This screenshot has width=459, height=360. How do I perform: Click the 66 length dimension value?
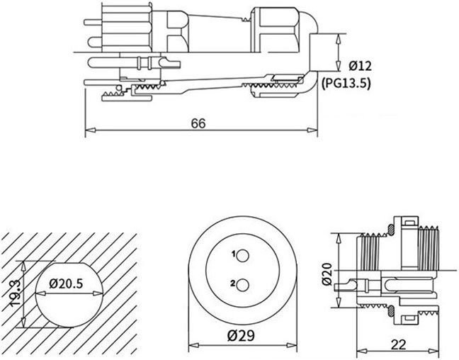pyautogui.click(x=198, y=123)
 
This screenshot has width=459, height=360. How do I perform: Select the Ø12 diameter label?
pyautogui.click(x=360, y=66)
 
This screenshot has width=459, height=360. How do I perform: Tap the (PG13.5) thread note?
pyautogui.click(x=346, y=84)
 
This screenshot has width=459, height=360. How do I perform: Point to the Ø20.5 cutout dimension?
pyautogui.click(x=66, y=283)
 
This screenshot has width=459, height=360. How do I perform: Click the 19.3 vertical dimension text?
pyautogui.click(x=15, y=293)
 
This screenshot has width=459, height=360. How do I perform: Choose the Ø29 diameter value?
pyautogui.click(x=241, y=336)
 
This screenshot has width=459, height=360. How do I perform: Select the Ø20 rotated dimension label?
pyautogui.click(x=327, y=274)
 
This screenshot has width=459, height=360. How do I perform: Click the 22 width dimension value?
pyautogui.click(x=399, y=345)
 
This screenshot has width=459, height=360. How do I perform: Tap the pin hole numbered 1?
pyautogui.click(x=243, y=256)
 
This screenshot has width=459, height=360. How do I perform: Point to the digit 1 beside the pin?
pyautogui.click(x=234, y=254)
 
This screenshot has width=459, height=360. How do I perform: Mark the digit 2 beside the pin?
pyautogui.click(x=233, y=283)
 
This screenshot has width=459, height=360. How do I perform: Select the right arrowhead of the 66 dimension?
pyautogui.click(x=312, y=130)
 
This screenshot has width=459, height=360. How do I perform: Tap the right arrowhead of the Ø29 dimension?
pyautogui.click(x=292, y=346)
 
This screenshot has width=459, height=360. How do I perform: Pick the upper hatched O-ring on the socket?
pyautogui.click(x=391, y=230)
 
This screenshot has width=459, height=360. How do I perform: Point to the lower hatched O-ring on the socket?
pyautogui.click(x=391, y=311)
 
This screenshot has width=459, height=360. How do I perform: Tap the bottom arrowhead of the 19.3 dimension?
pyautogui.click(x=23, y=322)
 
